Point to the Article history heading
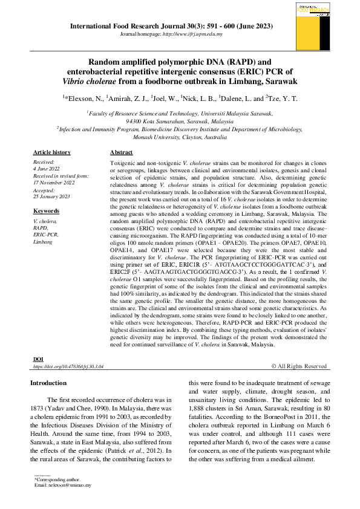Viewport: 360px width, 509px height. [x=51, y=152]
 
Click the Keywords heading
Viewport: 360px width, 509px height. [x=46, y=211]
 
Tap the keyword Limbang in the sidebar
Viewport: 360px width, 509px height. [x=43, y=241]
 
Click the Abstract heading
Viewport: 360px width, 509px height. [x=122, y=152]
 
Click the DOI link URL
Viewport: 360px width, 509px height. [x=68, y=366]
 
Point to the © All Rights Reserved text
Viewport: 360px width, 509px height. [x=298, y=366]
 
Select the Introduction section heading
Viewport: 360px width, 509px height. [x=48, y=383]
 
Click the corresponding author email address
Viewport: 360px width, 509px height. [x=69, y=485]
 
